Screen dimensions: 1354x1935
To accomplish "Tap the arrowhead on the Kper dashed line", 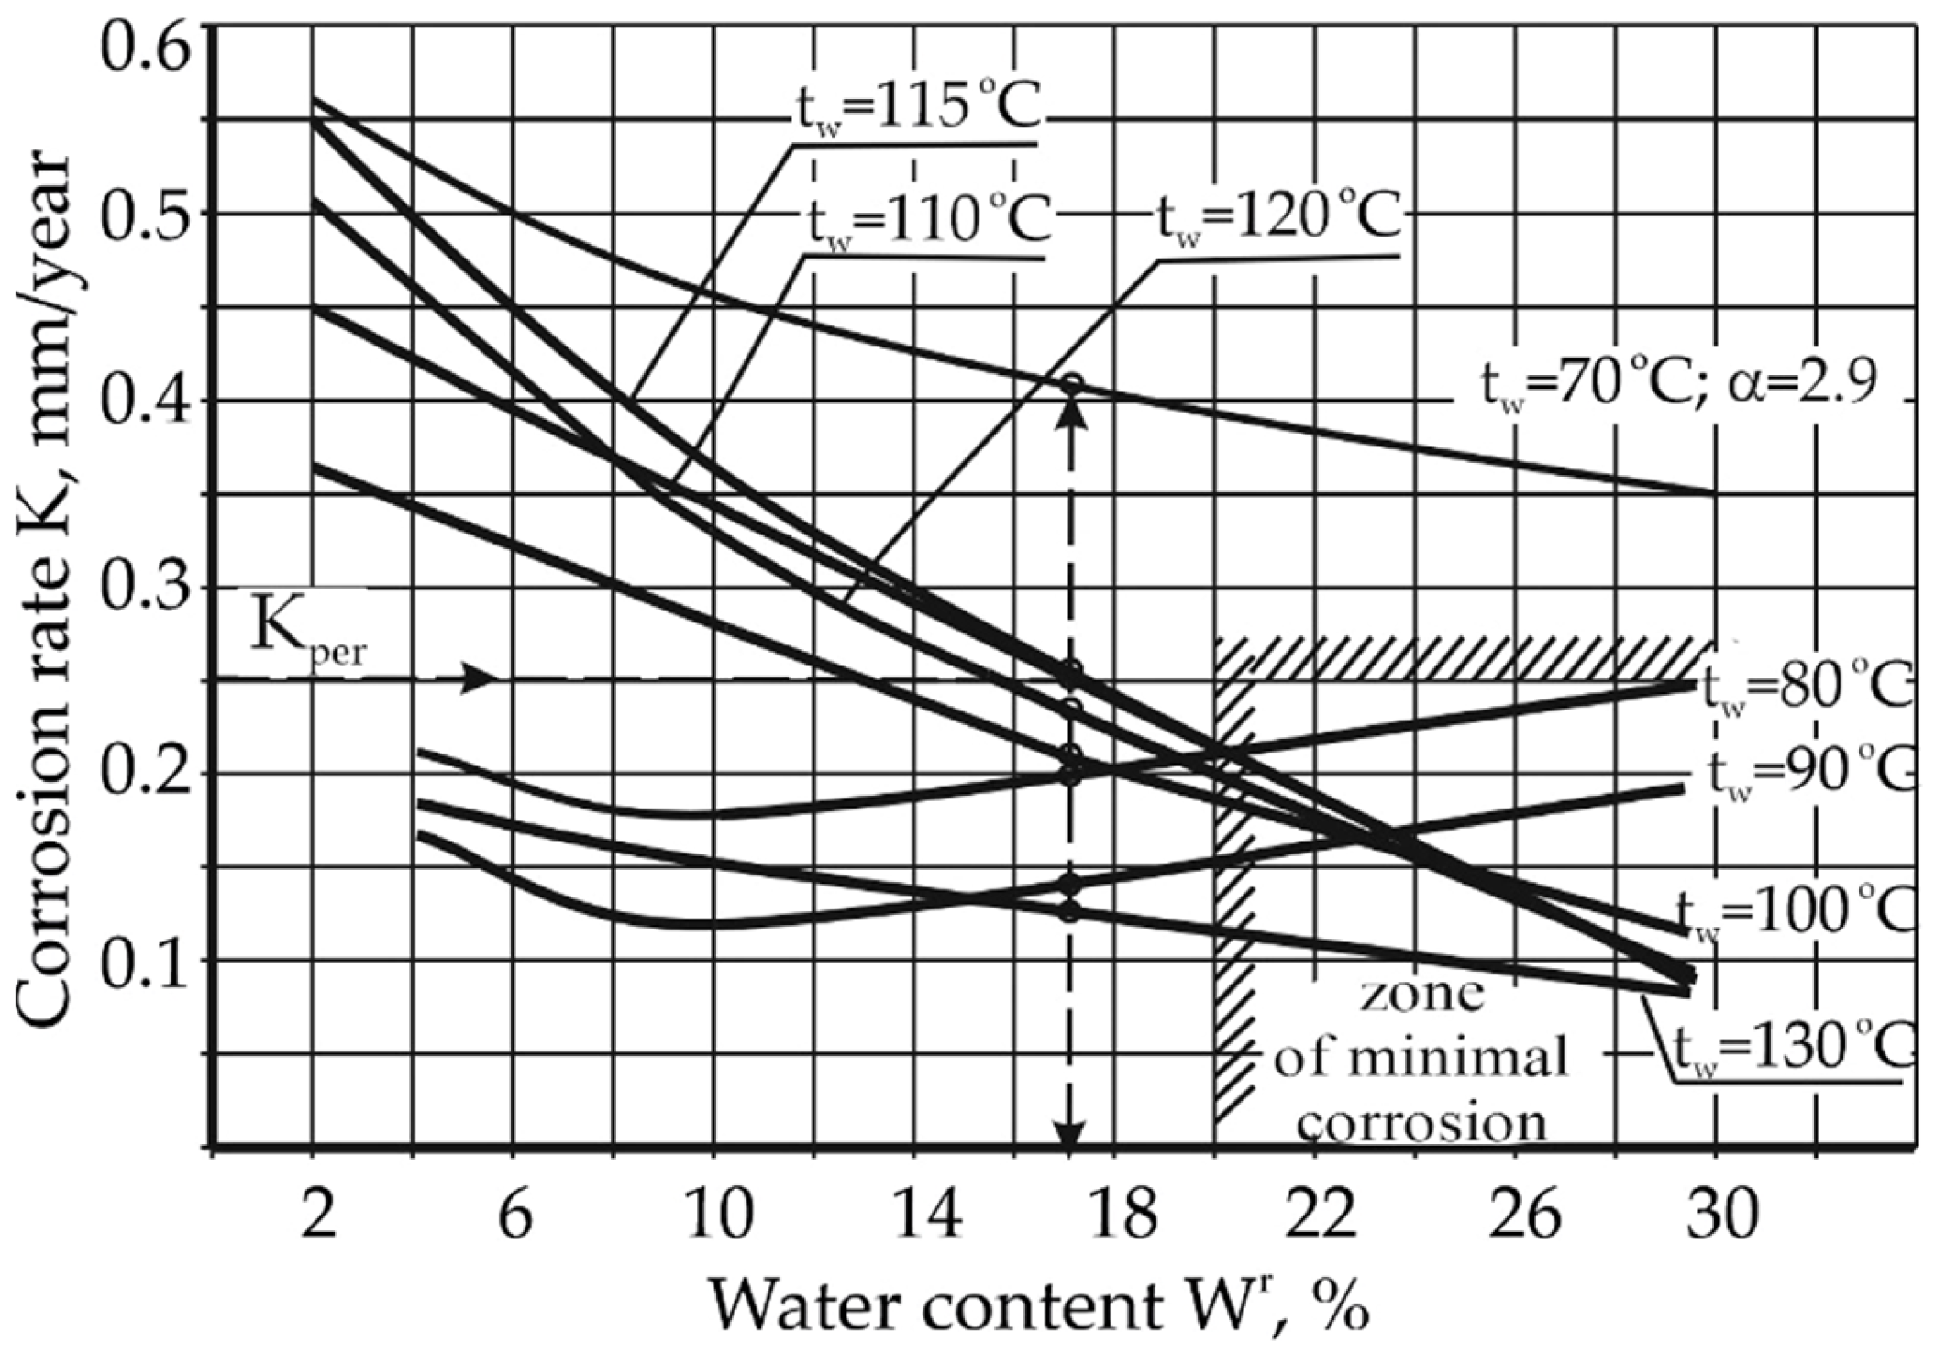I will (x=479, y=679).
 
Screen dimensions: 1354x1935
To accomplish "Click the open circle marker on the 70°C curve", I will (x=1071, y=384).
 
